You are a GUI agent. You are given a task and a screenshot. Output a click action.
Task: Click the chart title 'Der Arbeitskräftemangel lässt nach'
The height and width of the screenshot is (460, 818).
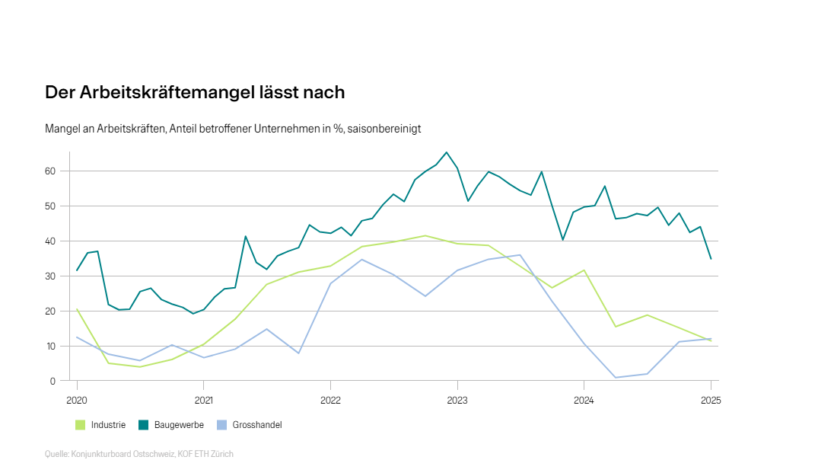tap(195, 92)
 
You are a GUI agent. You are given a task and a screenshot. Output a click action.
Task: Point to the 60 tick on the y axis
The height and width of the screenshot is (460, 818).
tap(52, 171)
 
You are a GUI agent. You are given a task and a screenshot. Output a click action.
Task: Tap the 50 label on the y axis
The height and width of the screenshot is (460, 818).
tap(52, 206)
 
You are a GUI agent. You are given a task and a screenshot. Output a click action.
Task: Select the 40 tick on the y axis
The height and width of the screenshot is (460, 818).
tap(52, 241)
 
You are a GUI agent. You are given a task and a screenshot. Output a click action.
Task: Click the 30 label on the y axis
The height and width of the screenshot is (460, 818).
tap(52, 276)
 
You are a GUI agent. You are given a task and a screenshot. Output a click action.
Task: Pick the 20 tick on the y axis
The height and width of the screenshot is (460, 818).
tap(52, 311)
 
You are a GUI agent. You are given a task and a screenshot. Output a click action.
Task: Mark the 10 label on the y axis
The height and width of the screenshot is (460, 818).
tap(52, 347)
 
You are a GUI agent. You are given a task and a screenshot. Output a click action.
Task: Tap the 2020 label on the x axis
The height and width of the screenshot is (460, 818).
tap(77, 400)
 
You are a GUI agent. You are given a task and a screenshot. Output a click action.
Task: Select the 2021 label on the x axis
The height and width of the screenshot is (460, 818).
tap(203, 400)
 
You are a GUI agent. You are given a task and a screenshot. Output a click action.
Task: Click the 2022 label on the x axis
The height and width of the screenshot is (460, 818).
tap(330, 400)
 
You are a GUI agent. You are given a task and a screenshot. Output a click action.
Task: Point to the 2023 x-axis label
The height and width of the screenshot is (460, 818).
tap(457, 400)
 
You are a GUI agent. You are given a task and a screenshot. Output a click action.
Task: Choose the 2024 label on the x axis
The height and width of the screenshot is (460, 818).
tap(584, 400)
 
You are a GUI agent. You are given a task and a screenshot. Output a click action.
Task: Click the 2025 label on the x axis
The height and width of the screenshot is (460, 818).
tap(710, 400)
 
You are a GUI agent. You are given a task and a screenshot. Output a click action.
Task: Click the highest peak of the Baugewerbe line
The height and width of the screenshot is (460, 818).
tap(447, 152)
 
